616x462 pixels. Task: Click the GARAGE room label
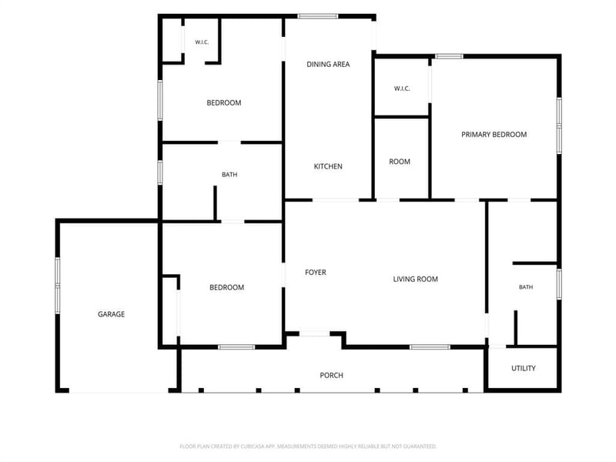[x=111, y=314]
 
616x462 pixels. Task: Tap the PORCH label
[x=331, y=375]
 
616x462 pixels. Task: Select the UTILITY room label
[x=524, y=368]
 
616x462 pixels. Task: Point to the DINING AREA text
[x=328, y=64]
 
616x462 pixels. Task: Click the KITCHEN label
[x=328, y=166]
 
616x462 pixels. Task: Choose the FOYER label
[x=316, y=273]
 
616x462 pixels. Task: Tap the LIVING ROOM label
[x=415, y=279]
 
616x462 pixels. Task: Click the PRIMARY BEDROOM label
[x=494, y=134]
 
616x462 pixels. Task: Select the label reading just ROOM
[x=400, y=162]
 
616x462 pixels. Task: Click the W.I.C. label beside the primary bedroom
[x=402, y=89]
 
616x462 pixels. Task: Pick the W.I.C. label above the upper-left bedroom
[x=202, y=42]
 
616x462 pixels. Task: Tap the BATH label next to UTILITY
[x=526, y=287]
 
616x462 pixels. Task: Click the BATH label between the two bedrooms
[x=229, y=175]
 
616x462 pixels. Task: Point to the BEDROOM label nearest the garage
[x=226, y=287]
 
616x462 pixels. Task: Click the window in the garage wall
[x=58, y=286]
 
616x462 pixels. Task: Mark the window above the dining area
[x=317, y=16]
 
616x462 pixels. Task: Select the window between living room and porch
[x=430, y=347]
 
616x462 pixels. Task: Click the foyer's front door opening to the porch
[x=315, y=334]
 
